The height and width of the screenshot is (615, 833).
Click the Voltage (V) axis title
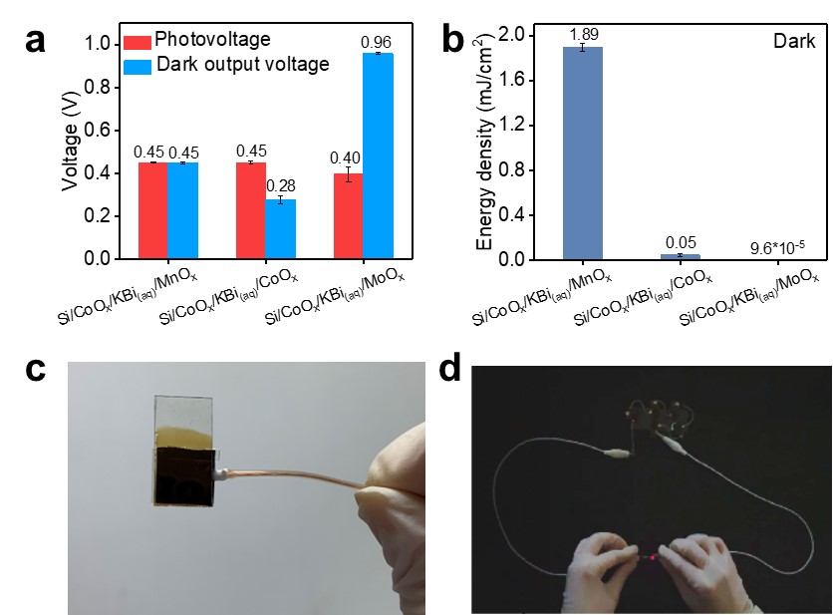(x=71, y=151)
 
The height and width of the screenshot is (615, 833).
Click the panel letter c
(x=36, y=368)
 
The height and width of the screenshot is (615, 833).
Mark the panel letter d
(x=450, y=369)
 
